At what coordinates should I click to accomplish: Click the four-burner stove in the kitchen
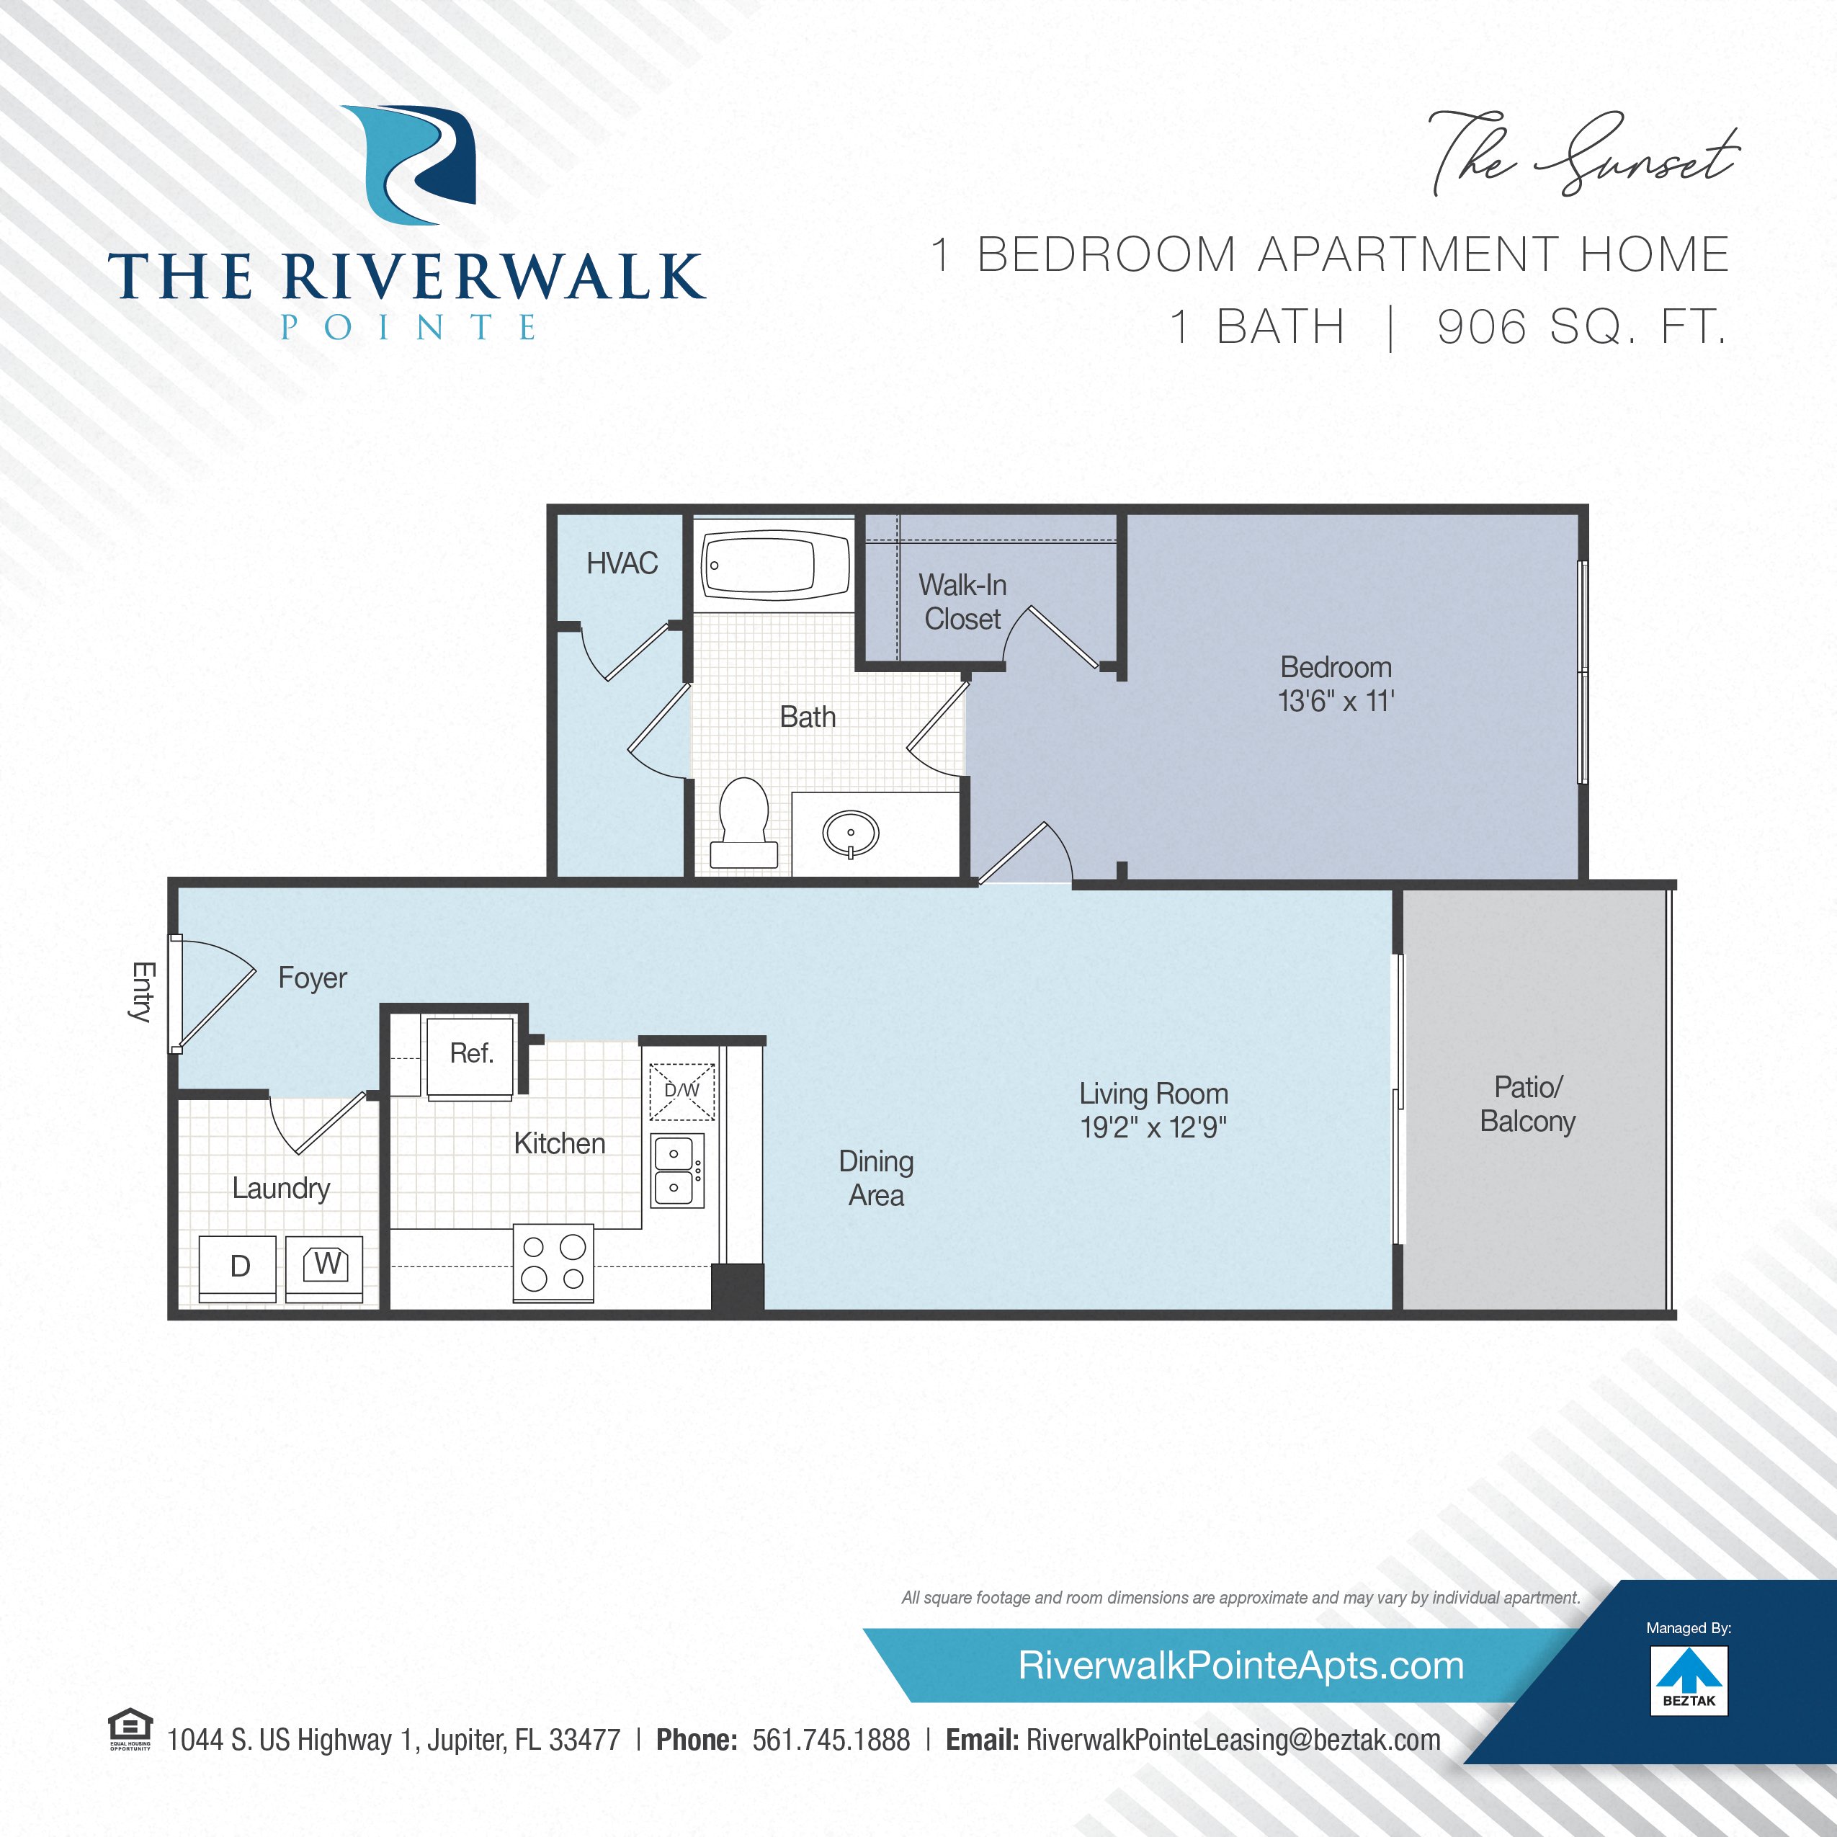553,1263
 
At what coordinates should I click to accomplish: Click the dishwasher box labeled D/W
681,1091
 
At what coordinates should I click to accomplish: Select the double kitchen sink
677,1171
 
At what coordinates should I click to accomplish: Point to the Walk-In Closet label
962,602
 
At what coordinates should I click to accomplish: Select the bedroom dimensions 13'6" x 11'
1336,701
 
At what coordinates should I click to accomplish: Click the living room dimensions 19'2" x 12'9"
1153,1127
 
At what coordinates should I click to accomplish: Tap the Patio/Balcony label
1527,1104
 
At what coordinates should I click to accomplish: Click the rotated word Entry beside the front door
143,992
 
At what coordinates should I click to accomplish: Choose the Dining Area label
876,1178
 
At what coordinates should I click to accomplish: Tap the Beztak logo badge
1689,1682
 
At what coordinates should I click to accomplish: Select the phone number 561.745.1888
831,1740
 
